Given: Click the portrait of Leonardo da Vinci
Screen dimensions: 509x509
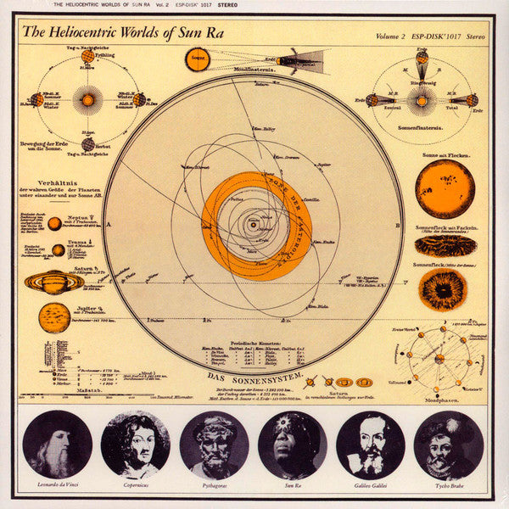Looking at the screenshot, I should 58,444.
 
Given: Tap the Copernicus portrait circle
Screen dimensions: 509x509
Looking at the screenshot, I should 136,444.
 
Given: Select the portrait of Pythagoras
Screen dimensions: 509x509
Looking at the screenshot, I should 215,444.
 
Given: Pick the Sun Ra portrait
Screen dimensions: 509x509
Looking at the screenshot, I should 293,444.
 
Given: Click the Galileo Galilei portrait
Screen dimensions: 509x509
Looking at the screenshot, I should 371,444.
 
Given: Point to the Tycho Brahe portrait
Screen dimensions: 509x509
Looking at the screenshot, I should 449,444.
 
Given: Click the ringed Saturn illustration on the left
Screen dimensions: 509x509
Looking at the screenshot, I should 53,282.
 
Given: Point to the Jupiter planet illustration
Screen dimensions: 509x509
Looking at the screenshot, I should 54,317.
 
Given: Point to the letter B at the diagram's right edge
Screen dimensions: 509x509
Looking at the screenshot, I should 398,225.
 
